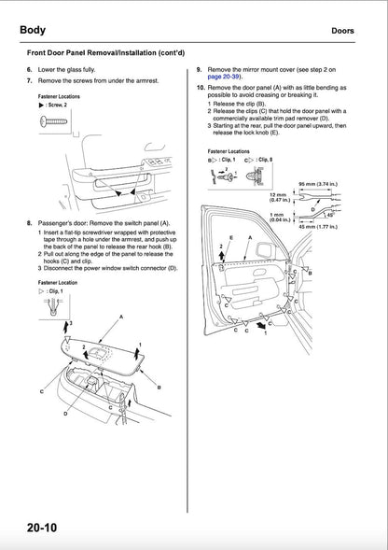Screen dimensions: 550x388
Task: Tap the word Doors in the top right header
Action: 348,31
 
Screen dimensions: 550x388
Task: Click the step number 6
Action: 29,70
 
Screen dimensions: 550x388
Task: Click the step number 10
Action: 201,88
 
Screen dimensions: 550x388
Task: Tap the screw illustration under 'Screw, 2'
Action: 55,120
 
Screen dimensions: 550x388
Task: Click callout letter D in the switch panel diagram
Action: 64,412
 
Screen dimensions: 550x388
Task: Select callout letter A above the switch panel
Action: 119,318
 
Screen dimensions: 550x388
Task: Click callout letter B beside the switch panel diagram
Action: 159,386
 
